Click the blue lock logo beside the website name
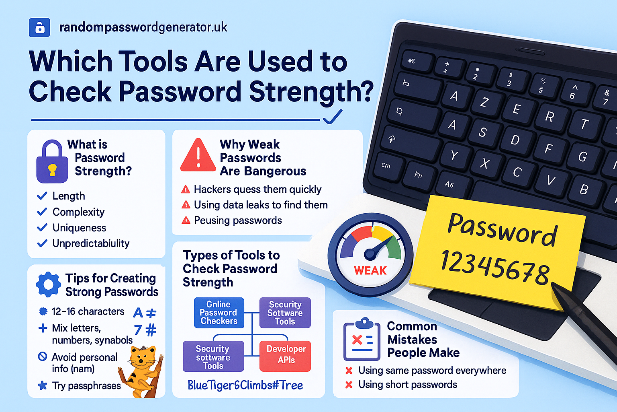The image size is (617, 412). tap(39, 28)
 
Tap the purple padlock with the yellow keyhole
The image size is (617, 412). tap(52, 162)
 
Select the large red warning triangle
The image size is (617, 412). tap(198, 156)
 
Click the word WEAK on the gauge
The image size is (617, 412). tap(370, 270)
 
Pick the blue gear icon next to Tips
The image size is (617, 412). tap(49, 284)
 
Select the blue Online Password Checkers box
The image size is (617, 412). tap(219, 313)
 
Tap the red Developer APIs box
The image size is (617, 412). tap(286, 355)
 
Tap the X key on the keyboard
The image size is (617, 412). tap(485, 163)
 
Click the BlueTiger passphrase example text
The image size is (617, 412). tap(245, 385)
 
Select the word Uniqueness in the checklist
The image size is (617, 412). tap(79, 228)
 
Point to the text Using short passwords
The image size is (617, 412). tap(407, 385)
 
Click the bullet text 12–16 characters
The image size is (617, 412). tap(88, 311)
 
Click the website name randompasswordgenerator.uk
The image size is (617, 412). tap(143, 27)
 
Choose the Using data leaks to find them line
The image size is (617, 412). tap(261, 205)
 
